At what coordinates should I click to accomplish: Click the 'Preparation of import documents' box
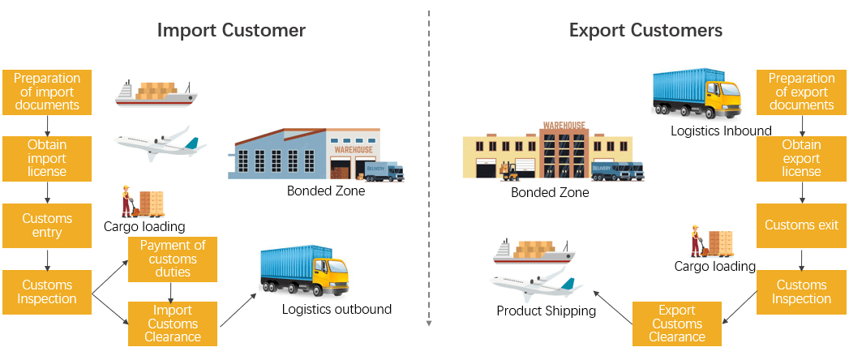coord(47,92)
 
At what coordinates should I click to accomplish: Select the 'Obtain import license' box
coord(47,158)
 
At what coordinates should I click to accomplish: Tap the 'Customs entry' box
coord(47,225)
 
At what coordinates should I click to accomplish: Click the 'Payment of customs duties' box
coord(173,259)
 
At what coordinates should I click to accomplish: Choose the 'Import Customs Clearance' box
coord(173,324)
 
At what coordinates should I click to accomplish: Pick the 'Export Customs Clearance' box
coord(677,324)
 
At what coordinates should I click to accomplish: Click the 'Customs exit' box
coord(801,225)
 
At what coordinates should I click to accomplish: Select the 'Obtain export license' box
coord(801,158)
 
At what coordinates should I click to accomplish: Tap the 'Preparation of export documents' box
coord(801,92)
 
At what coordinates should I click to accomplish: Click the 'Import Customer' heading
coord(231,31)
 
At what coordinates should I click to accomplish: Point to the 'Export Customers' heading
coord(645,31)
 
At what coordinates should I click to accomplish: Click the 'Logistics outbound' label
coord(337,309)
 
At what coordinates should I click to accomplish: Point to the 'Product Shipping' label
coord(546,311)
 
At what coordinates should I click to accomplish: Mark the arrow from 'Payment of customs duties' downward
coord(172,290)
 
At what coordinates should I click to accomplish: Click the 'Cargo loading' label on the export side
coord(715,266)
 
